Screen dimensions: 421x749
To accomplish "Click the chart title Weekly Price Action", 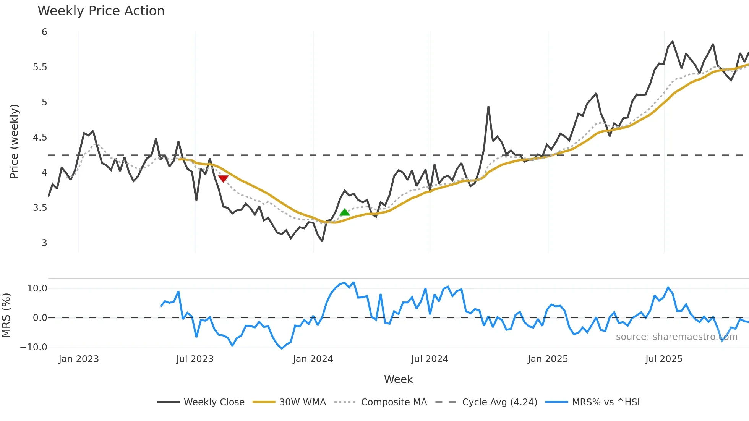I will (x=101, y=11).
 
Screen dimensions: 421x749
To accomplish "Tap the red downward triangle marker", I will (x=223, y=178).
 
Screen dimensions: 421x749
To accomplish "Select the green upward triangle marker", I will (x=344, y=212).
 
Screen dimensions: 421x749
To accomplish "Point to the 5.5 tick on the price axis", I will (x=40, y=67).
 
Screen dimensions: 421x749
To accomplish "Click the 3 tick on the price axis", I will (x=44, y=243).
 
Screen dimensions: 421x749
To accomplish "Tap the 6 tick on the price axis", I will (x=44, y=32).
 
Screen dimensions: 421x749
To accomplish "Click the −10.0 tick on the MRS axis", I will (x=34, y=347).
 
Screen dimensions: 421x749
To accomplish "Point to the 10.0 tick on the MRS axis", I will (x=37, y=288).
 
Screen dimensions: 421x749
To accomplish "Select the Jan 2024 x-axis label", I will (x=313, y=359).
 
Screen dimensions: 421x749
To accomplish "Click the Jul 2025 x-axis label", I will (x=664, y=359).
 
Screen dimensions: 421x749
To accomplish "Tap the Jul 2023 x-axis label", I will (x=195, y=359).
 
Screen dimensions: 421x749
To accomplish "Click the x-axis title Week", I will (x=398, y=379).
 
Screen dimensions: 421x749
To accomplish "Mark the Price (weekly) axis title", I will (x=14, y=141).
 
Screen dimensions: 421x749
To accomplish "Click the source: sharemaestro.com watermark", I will (x=676, y=337).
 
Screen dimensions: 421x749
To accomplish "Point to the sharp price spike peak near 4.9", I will (x=488, y=107).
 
